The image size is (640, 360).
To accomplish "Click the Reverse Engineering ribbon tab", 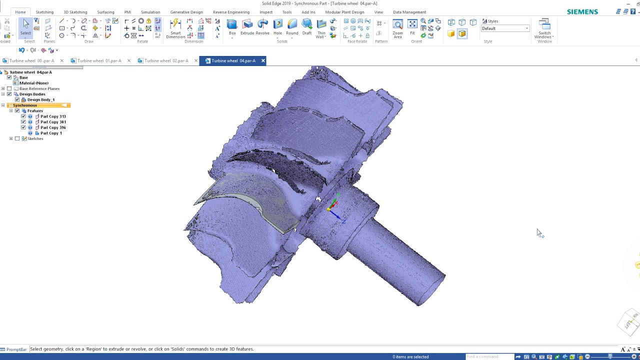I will point(231,12).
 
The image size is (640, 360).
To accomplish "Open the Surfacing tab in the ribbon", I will point(105,12).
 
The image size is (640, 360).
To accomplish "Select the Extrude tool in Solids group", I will point(247,27).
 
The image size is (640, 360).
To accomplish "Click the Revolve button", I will point(262,27).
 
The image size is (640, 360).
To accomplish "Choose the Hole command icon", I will point(277,27).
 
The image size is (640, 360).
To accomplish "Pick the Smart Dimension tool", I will point(175,28).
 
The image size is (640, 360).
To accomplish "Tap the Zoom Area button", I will point(397,28).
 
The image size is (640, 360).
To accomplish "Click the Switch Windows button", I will point(544,29).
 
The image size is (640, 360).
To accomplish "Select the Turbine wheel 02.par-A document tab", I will point(166,61).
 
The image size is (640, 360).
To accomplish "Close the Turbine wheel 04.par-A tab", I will point(263,61).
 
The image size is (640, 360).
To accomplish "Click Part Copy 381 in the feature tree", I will point(53,122).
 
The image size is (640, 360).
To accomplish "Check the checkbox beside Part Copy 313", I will point(23,116).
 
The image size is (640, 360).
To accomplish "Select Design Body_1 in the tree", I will point(41,100).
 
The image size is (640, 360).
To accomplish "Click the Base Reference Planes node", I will point(39,89).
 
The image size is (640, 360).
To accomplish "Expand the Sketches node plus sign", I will point(11,138).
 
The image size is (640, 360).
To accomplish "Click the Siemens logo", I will point(582,12).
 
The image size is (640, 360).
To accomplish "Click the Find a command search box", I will point(489,356).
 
